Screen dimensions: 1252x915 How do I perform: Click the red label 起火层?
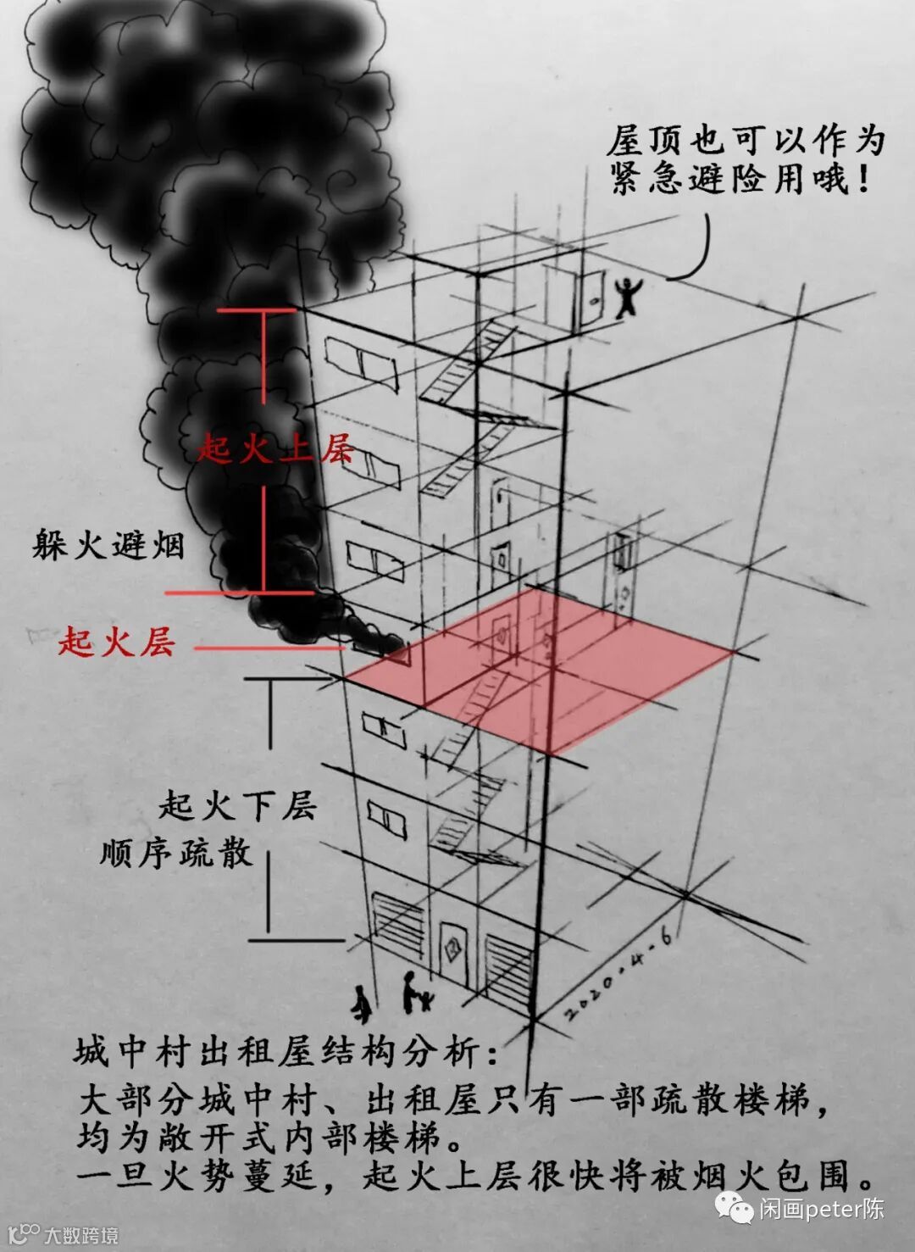click(x=117, y=642)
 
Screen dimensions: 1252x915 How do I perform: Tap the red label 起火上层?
click(x=274, y=448)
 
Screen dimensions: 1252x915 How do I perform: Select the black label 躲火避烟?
click(x=108, y=543)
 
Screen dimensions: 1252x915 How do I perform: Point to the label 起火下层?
click(x=237, y=804)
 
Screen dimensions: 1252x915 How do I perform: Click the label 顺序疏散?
click(x=176, y=852)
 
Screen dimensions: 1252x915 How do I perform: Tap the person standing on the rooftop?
click(x=627, y=297)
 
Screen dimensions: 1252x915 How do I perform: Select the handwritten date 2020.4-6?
click(x=620, y=975)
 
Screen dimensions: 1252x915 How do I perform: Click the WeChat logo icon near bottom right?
click(x=734, y=1206)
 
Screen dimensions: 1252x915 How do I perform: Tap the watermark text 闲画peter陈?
click(x=821, y=1208)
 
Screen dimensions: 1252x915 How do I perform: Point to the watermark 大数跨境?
click(x=81, y=1234)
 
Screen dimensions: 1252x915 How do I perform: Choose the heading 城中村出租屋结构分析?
click(x=286, y=1052)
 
